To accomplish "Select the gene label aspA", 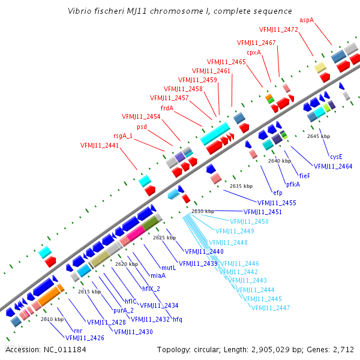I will coord(307,20).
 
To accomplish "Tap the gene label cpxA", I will coord(254,52).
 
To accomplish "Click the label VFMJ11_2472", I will coord(278,29).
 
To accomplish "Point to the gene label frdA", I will coord(167,108).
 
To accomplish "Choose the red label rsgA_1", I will coord(123,136).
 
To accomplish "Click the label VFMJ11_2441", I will coord(100,145).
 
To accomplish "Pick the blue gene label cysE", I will coord(336,157).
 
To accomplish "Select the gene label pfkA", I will coord(293,184).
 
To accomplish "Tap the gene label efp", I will coord(277,193).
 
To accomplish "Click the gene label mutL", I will coord(169,268).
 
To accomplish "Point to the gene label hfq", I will coord(178,319).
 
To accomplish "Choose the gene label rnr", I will coord(78,331).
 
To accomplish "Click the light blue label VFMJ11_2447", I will coord(271,308).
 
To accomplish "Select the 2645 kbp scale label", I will coord(318,136).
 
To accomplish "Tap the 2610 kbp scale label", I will coord(52,319).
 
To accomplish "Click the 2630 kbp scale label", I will coord(203,211).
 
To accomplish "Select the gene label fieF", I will coord(304,175).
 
